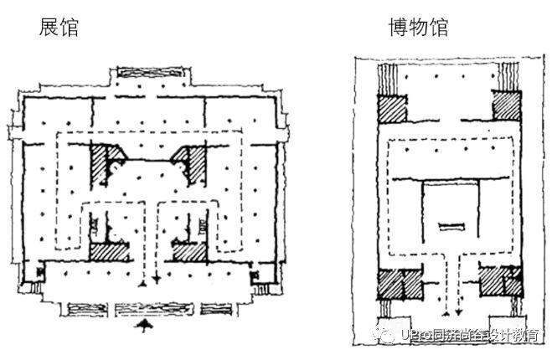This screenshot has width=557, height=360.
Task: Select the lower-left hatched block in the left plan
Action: pos(109,250)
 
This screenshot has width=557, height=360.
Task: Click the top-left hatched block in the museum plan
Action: pos(391,110)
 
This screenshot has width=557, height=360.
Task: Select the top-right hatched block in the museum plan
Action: pos(507,106)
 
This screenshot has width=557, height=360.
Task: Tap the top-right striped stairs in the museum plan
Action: pos(508,79)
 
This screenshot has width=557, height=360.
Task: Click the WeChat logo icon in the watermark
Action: pos(391,335)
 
